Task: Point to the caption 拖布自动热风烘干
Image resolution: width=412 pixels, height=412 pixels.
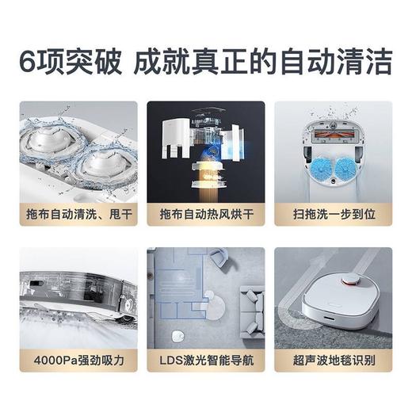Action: click(x=205, y=214)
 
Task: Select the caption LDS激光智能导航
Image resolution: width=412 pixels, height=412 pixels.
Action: click(x=205, y=361)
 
